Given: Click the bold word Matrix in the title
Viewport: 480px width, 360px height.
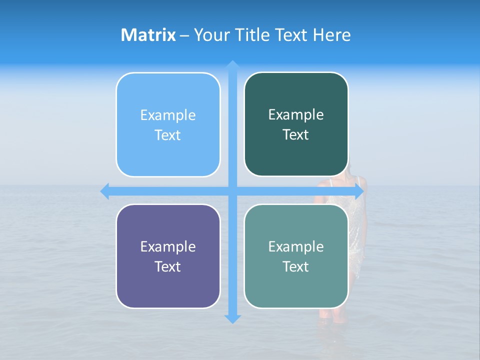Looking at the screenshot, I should point(148,35).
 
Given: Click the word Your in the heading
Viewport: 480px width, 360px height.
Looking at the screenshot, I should point(210,35).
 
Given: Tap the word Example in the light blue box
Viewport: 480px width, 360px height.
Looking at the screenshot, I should point(168,115).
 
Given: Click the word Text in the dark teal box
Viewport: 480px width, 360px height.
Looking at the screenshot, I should point(296,135).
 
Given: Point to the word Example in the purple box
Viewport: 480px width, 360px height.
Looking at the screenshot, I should point(168,247).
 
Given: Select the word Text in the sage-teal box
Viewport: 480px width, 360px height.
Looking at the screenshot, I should point(296,266).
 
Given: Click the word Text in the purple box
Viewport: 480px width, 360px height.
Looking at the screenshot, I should point(168,266).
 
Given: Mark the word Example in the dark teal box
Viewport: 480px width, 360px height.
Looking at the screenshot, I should point(296,115).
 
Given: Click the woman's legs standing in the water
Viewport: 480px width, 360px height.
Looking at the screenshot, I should point(332,315).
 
